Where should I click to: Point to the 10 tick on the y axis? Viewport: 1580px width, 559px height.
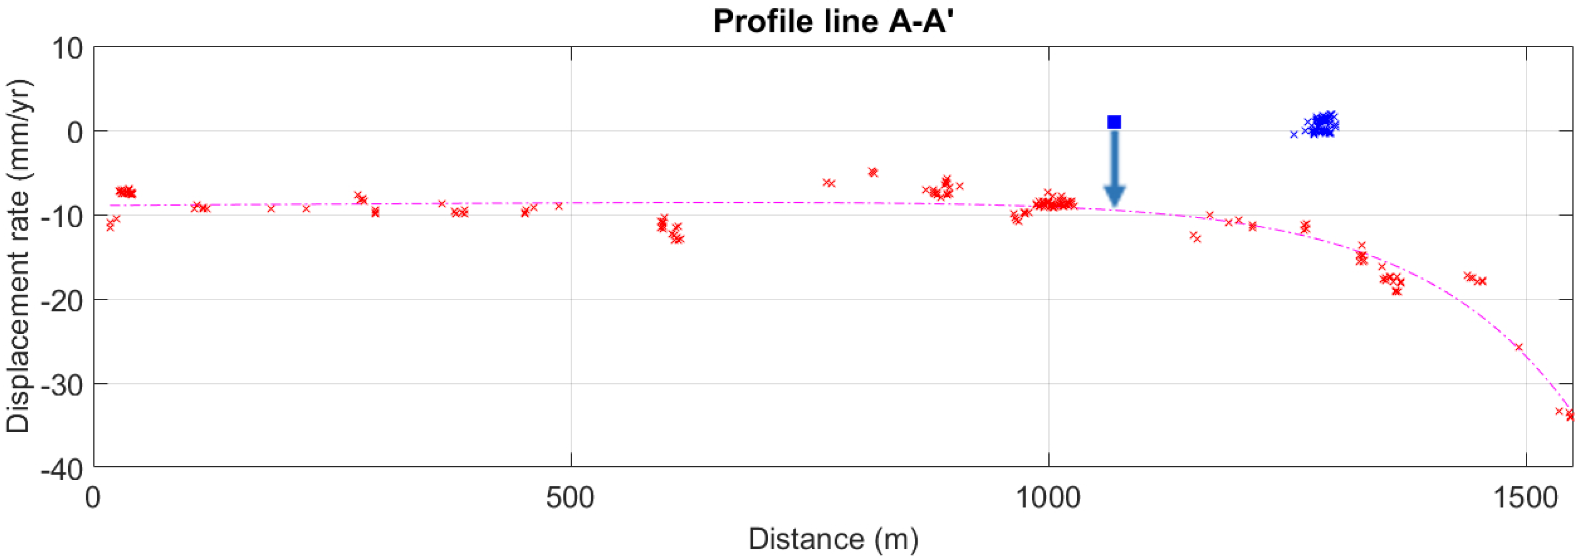tap(67, 48)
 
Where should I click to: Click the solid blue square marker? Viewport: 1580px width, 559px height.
tap(1114, 122)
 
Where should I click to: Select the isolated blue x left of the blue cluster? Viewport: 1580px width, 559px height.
tap(1294, 134)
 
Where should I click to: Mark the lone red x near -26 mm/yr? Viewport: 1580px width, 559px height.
tap(1519, 347)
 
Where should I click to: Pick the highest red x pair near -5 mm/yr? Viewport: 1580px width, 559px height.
tap(873, 172)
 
